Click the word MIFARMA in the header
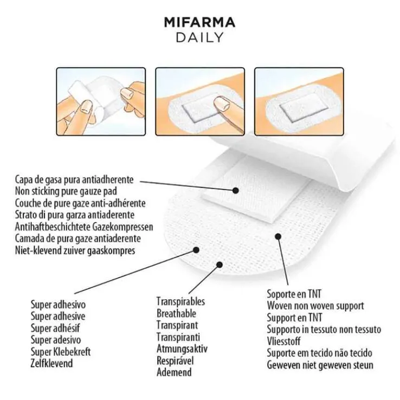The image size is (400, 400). pyautogui.click(x=199, y=22)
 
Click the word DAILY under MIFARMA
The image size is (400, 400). pyautogui.click(x=200, y=37)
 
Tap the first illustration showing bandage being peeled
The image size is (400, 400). pyautogui.click(x=101, y=101)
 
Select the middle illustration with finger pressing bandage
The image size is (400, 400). pyautogui.click(x=200, y=101)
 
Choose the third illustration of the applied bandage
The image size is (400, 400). pyautogui.click(x=299, y=101)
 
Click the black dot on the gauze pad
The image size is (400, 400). pyautogui.click(x=236, y=190)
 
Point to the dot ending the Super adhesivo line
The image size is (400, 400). pyautogui.click(x=196, y=250)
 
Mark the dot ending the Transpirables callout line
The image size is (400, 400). pyautogui.click(x=220, y=265)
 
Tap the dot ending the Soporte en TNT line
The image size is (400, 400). pyautogui.click(x=278, y=236)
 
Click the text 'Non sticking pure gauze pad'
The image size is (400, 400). pyautogui.click(x=66, y=191)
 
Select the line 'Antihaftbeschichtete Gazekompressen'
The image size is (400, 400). pyautogui.click(x=84, y=227)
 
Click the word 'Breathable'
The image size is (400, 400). pyautogui.click(x=176, y=313)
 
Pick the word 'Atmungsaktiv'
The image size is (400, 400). pyautogui.click(x=182, y=349)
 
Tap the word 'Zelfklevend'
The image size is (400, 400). pyautogui.click(x=52, y=363)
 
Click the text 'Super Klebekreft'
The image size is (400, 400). pyautogui.click(x=61, y=352)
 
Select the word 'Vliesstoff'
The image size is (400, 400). pyautogui.click(x=283, y=341)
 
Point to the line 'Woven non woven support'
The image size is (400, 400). pyautogui.click(x=315, y=306)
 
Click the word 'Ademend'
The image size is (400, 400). pyautogui.click(x=174, y=372)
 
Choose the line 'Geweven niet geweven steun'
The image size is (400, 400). pyautogui.click(x=320, y=365)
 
